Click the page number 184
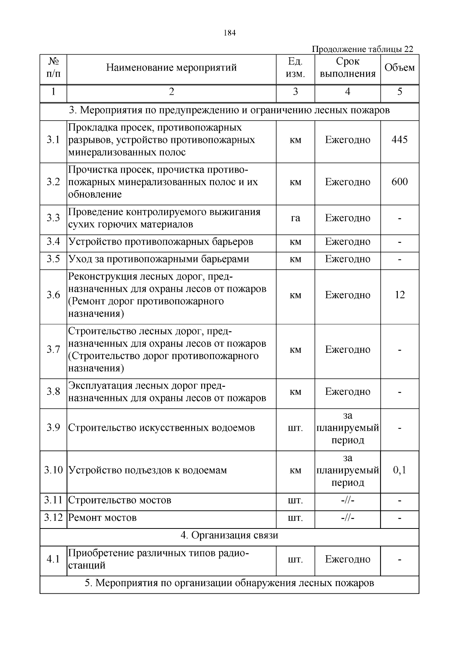tap(229, 33)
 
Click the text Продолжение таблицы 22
tap(362, 49)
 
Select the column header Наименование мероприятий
tap(171, 68)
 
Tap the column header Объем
tap(399, 68)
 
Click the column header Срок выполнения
tap(347, 68)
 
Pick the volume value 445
tap(399, 140)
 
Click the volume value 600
tap(399, 182)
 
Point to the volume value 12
tap(399, 295)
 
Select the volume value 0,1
tap(399, 470)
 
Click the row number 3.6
tap(54, 295)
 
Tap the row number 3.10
tap(54, 470)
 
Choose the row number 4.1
tap(54, 559)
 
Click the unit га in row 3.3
tap(295, 218)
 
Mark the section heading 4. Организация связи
tap(229, 535)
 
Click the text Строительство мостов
tap(120, 500)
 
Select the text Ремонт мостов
tap(103, 518)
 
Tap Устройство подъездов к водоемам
tap(148, 470)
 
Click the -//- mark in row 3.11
tap(347, 500)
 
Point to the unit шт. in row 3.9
tap(295, 428)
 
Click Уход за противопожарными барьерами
tap(159, 259)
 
